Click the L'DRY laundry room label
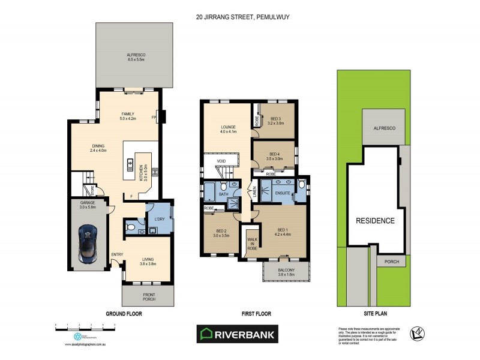[160, 219]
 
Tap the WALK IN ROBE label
[252, 242]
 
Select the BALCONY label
[286, 271]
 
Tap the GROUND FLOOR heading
[124, 314]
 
